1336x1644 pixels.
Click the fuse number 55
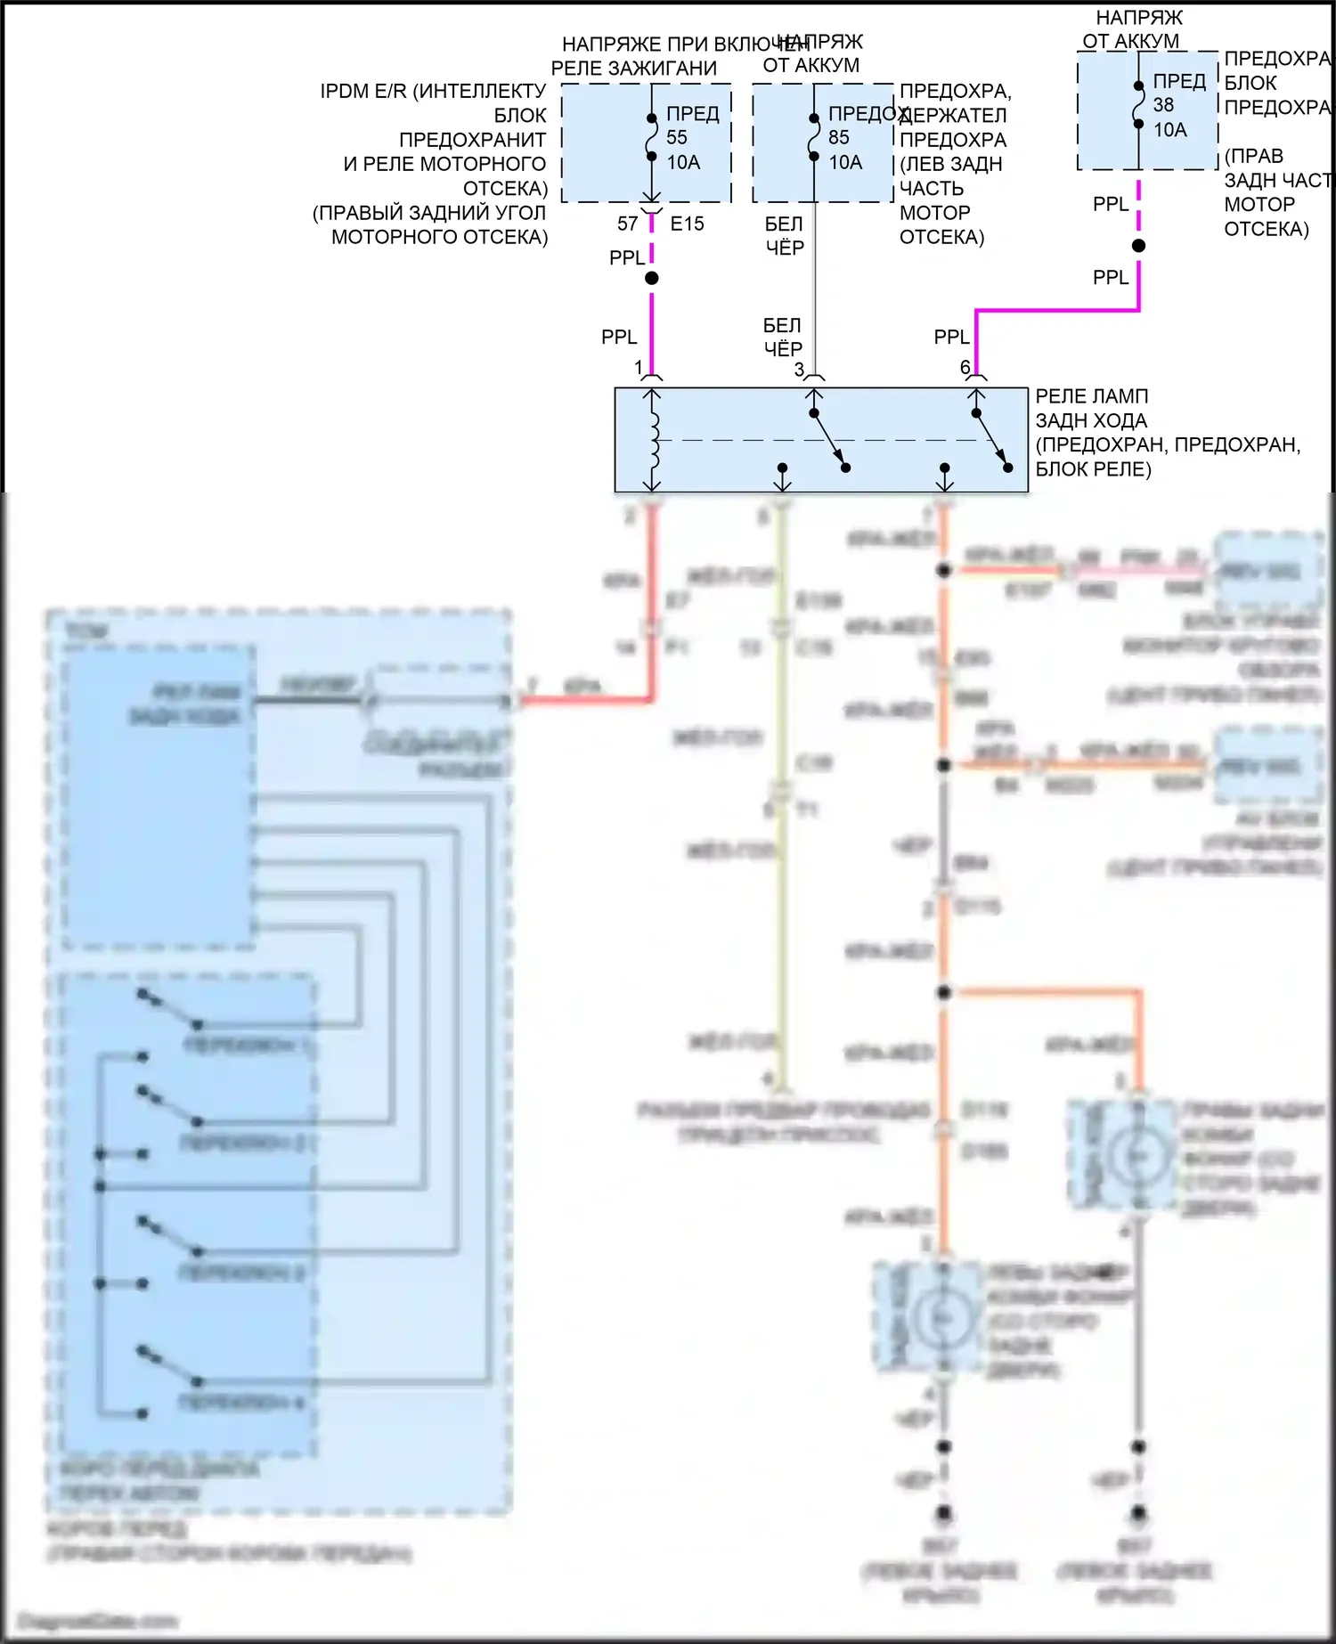[677, 138]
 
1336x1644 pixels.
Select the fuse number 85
[839, 138]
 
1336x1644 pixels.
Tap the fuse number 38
[1163, 105]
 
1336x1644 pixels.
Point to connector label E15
[687, 224]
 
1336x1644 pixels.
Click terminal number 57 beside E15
[627, 224]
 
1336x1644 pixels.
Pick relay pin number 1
[639, 367]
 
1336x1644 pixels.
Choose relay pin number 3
[799, 369]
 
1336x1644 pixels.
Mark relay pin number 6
[965, 367]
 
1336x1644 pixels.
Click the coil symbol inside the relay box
[655, 439]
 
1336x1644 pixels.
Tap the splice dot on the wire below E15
[652, 279]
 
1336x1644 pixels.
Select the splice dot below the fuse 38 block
[1138, 246]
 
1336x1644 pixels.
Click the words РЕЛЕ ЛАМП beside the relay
[1091, 396]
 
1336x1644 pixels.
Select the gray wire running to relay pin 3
[814, 294]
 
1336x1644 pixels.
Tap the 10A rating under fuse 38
[1169, 130]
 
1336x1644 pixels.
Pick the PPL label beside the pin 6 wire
[951, 338]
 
